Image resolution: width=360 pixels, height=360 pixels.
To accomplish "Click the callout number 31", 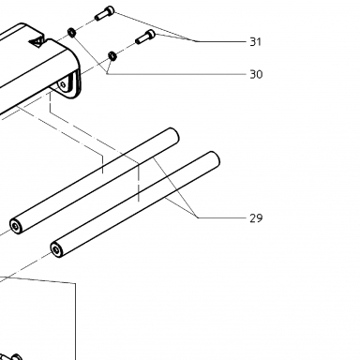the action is [255, 41].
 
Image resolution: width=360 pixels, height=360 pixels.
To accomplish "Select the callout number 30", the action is [256, 74].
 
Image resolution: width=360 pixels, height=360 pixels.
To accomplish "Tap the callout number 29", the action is [256, 218].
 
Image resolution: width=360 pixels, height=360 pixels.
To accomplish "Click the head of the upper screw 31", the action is [110, 10].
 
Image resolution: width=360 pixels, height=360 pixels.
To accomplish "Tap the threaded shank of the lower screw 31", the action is [141, 39].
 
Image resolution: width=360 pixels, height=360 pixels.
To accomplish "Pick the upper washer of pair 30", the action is [71, 32].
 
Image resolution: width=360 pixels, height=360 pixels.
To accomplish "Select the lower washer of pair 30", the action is [112, 56].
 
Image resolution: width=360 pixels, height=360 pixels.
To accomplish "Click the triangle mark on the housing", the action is [37, 41].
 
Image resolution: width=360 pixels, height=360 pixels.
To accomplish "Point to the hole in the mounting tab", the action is [64, 84].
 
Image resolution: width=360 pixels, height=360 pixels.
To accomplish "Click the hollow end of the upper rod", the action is [16, 226].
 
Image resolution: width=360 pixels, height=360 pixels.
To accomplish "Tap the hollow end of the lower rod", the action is [56, 249].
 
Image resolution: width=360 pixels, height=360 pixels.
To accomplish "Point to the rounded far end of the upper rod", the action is [173, 135].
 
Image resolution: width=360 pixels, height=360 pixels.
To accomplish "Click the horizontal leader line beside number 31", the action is [221, 41].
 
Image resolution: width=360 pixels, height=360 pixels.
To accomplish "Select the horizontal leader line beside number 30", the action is [176, 74].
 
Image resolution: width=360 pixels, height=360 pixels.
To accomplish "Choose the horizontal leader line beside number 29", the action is [221, 217].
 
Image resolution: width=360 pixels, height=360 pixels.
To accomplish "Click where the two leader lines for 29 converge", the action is [197, 217].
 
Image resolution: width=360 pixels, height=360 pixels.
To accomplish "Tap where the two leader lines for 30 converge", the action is [107, 74].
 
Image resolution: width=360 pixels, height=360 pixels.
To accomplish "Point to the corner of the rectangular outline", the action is [75, 283].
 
